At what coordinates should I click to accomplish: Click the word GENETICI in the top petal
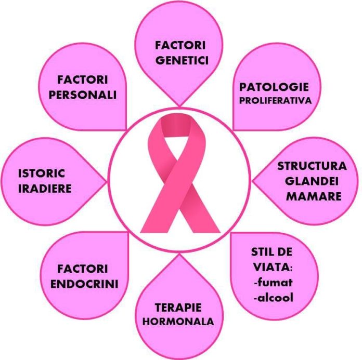(182, 60)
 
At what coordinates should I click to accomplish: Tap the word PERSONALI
(82, 95)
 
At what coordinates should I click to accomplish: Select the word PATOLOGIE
(274, 87)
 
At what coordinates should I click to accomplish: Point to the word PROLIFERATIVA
(276, 101)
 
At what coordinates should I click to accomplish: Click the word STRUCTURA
(312, 166)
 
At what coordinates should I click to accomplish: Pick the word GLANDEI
(312, 181)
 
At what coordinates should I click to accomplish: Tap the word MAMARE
(314, 196)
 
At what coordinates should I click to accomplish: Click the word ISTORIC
(41, 174)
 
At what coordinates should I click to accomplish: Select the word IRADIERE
(45, 189)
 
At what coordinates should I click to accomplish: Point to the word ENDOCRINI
(84, 284)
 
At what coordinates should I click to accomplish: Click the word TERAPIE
(178, 308)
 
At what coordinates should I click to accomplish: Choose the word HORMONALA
(178, 322)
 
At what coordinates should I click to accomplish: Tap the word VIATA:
(273, 267)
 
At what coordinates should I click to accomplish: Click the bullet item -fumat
(273, 282)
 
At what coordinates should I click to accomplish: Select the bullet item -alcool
(274, 298)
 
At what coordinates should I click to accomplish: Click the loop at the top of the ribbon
(176, 126)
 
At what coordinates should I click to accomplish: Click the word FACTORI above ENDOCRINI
(82, 269)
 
